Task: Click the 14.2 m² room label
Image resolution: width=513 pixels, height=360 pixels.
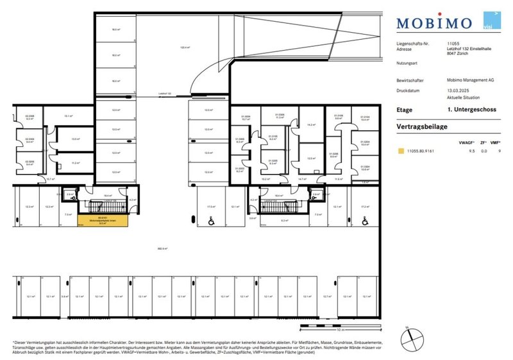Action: (311, 124)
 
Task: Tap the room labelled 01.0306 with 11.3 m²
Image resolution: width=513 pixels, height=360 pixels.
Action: (280, 117)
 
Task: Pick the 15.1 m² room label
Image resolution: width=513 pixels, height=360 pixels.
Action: (68, 116)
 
